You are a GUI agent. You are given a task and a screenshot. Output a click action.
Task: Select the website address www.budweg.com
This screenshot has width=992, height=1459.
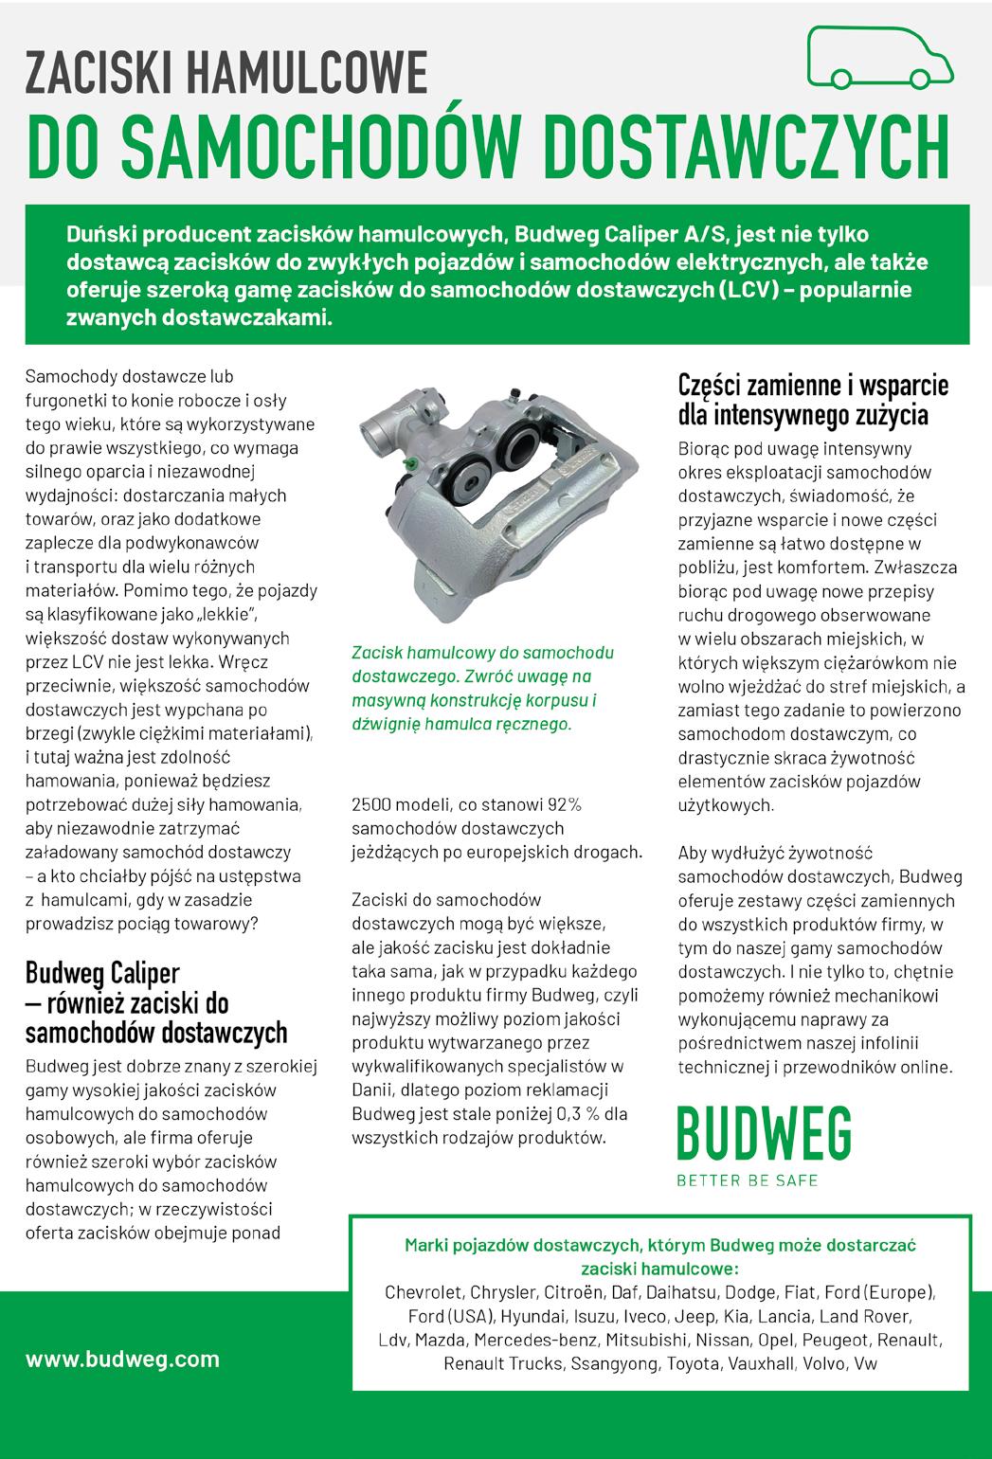[122, 1359]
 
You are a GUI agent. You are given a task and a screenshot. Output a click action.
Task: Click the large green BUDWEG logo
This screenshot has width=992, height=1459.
[763, 1133]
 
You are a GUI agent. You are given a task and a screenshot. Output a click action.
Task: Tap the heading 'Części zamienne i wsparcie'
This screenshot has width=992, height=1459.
[813, 387]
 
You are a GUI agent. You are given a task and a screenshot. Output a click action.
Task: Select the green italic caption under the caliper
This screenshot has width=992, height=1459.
[482, 688]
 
